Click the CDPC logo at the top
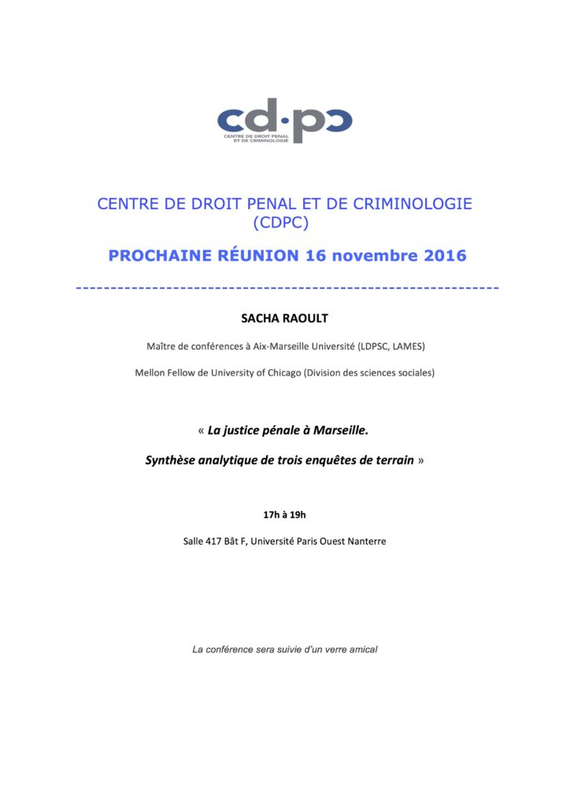pyautogui.click(x=284, y=120)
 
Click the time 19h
pyautogui.click(x=297, y=516)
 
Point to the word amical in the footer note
pyautogui.click(x=362, y=649)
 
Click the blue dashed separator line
pyautogui.click(x=287, y=287)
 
